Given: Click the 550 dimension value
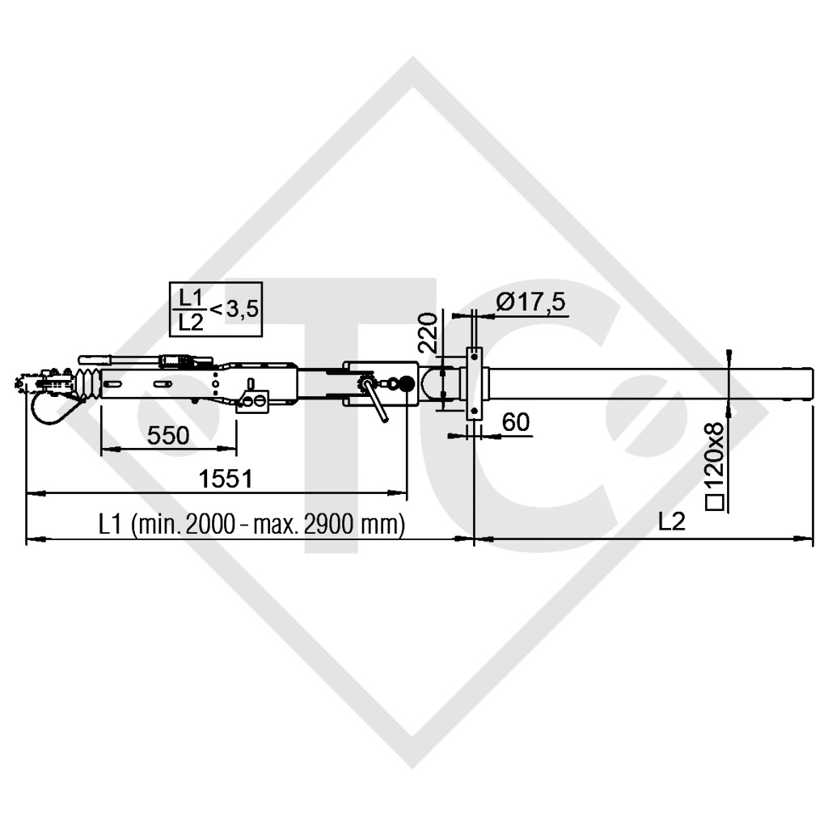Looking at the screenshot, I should pyautogui.click(x=168, y=436).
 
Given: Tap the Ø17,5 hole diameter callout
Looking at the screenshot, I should pyautogui.click(x=531, y=302).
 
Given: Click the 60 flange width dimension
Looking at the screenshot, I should pyautogui.click(x=515, y=421).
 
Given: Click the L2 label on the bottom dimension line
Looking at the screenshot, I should pyautogui.click(x=671, y=522).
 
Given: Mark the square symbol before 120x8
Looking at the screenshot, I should pyautogui.click(x=715, y=504).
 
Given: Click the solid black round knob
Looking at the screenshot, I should pyautogui.click(x=407, y=382).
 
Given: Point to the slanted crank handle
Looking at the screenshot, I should pyautogui.click(x=376, y=401).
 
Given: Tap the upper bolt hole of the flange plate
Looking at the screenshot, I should pyautogui.click(x=474, y=353).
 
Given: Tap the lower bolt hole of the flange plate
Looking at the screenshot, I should pyautogui.click(x=474, y=412).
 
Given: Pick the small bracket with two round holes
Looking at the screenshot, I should pyautogui.click(x=253, y=402).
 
